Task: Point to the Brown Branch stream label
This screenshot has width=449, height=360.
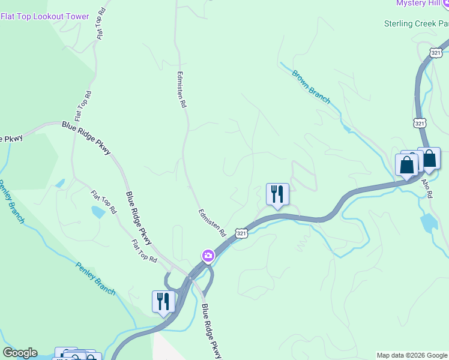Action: tap(311, 87)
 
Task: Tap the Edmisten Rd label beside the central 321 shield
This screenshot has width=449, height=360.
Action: tap(212, 222)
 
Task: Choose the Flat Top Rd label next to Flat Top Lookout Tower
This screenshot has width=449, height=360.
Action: tap(101, 24)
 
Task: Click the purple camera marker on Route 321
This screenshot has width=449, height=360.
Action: tap(208, 256)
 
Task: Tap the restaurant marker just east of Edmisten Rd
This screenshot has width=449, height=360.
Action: tap(277, 194)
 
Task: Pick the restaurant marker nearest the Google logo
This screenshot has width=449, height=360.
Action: tap(163, 301)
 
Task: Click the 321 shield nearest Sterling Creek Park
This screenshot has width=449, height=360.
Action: tap(436, 53)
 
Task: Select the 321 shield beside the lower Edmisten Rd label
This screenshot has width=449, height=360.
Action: tap(241, 232)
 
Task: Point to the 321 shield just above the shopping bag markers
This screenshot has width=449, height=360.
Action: tap(420, 123)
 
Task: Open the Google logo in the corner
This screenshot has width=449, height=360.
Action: tap(20, 353)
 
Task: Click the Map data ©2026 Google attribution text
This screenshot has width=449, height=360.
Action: tap(412, 355)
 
